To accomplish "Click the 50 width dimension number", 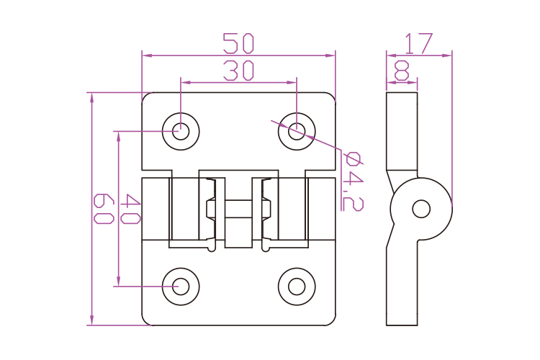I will (238, 44).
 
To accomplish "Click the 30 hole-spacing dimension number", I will (238, 71).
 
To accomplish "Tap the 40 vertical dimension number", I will (130, 209).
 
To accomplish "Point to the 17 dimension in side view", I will (418, 44).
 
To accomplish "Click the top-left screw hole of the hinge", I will (181, 131).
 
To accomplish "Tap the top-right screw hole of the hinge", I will (297, 131).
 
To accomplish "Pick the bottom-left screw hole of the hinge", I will (181, 286).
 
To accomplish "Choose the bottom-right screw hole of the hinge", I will (297, 286).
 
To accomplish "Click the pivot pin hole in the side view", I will (421, 209).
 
